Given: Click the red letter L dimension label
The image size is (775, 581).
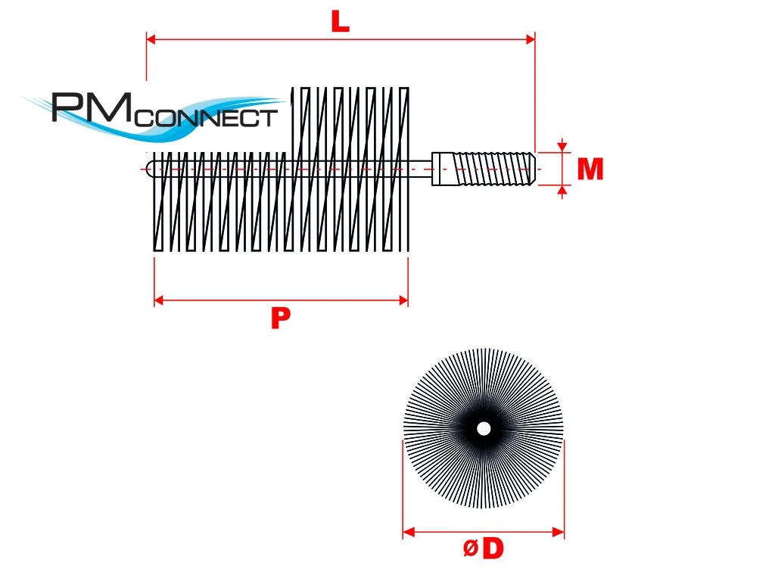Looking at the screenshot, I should pos(341,22).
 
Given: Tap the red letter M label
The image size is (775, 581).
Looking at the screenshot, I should pos(590,170).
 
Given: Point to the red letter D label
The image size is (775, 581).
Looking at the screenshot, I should pos(493,549).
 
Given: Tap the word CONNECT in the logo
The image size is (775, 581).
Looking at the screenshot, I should pos(209,118).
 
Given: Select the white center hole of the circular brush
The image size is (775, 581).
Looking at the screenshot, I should pos(484,429).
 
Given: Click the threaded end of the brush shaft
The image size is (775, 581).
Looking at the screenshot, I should pos(496,169).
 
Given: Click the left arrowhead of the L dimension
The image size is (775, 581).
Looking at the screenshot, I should pos(151,39).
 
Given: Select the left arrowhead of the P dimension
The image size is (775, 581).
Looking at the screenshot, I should pos(159,300).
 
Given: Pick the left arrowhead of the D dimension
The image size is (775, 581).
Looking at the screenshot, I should pos(408,533).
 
